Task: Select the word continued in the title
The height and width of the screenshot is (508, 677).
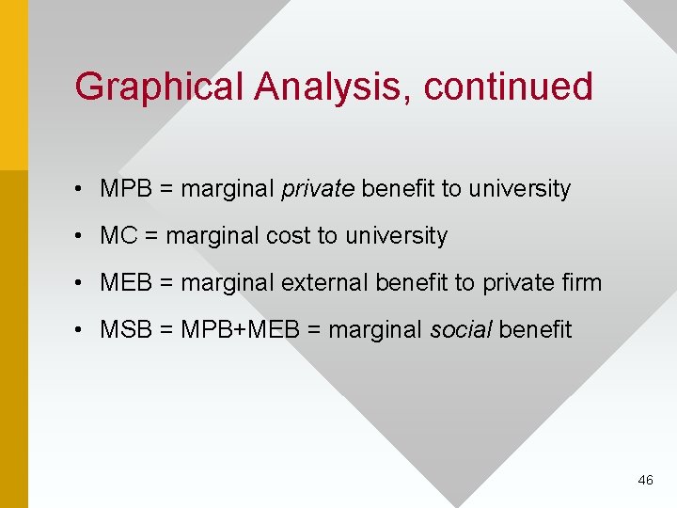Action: click(x=509, y=87)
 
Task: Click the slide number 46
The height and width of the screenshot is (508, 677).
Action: click(x=645, y=480)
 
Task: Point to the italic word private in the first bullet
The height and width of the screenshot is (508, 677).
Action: click(x=318, y=189)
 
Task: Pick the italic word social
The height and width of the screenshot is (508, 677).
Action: click(x=461, y=330)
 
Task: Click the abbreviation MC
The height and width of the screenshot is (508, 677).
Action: click(x=118, y=236)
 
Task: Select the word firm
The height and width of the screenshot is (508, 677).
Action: click(x=581, y=283)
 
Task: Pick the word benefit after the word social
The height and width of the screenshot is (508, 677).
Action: click(x=535, y=330)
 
